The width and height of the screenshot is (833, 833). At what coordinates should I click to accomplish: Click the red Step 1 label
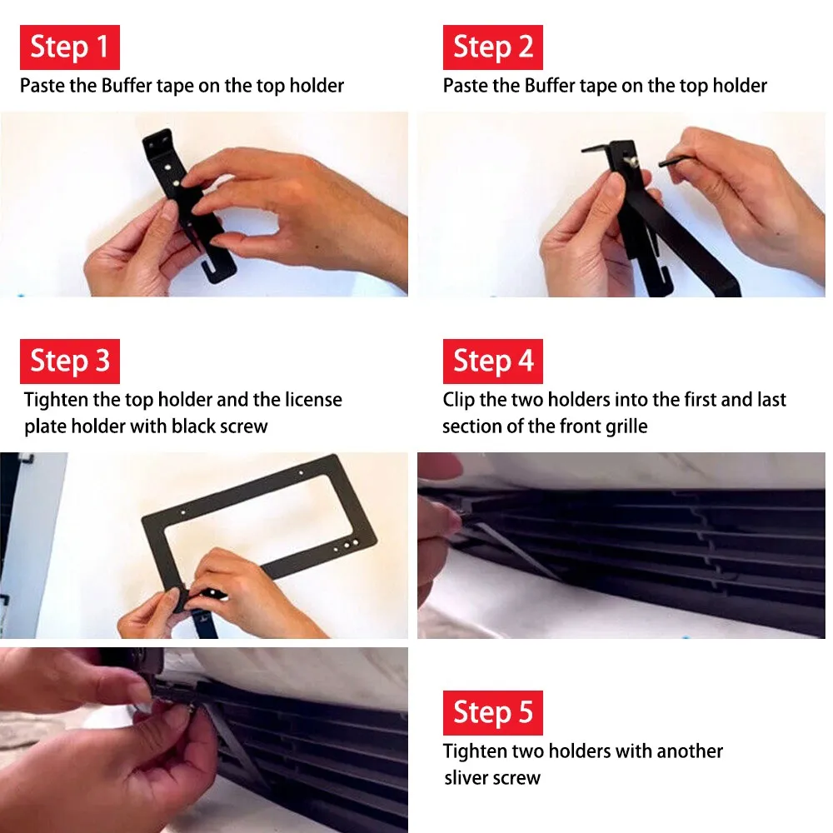70,47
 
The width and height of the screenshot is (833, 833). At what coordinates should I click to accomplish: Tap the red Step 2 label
493,47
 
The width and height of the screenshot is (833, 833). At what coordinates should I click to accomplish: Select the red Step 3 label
70,362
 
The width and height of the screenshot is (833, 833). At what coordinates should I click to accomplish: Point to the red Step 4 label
493,362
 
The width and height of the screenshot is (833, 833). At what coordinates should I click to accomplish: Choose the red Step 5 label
493,713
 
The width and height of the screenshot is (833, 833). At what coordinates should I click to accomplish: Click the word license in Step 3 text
313,400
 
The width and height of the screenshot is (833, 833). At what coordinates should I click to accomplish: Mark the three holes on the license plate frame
347,545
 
